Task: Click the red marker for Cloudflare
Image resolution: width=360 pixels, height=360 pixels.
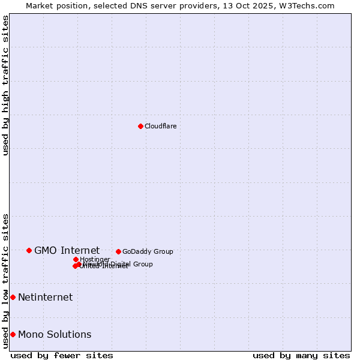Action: point(140,126)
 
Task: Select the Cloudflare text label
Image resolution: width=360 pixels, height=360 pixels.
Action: point(160,126)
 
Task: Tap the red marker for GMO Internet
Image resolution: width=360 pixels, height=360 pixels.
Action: point(29,250)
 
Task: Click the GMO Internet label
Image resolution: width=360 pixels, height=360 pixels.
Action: point(67,250)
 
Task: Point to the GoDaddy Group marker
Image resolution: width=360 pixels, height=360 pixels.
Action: point(118,251)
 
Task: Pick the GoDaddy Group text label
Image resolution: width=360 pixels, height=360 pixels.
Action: point(148,251)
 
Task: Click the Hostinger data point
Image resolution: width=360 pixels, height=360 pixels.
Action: point(76,259)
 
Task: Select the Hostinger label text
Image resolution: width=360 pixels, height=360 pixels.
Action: point(95,259)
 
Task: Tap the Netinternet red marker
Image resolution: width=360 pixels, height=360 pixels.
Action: point(13,297)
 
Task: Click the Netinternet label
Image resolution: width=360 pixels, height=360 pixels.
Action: point(45,297)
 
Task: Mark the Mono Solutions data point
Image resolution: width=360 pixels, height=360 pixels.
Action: point(13,334)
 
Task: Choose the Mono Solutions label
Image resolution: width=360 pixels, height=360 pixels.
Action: point(55,334)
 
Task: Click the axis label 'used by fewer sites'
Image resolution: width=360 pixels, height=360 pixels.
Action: point(62,355)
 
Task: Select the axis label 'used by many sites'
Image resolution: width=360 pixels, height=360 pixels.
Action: point(301,355)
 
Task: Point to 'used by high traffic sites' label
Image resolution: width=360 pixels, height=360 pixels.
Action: point(5,85)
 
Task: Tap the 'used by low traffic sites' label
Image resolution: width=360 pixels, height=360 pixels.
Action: point(5,280)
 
